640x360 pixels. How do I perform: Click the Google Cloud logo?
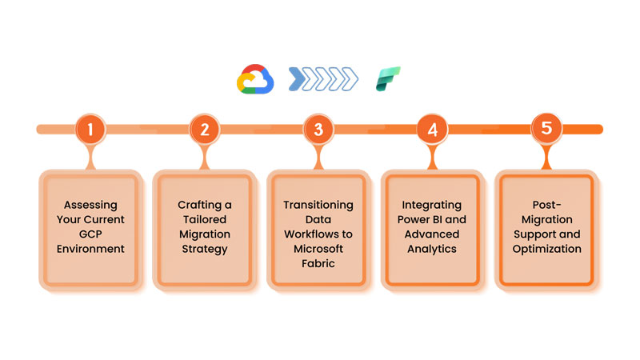pyautogui.click(x=255, y=79)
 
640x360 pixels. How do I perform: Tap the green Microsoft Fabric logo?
pyautogui.click(x=389, y=79)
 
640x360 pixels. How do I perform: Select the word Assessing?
pyautogui.click(x=90, y=205)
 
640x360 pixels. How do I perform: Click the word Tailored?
pyautogui.click(x=204, y=219)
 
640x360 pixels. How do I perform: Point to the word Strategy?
pyautogui.click(x=204, y=249)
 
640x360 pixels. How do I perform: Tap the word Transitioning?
pyautogui.click(x=318, y=205)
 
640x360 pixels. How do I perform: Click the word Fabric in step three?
pyautogui.click(x=318, y=263)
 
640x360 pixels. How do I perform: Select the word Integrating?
pyautogui.click(x=432, y=205)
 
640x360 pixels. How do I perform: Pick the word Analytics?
pyautogui.click(x=432, y=249)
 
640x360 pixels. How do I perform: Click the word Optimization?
pyautogui.click(x=547, y=249)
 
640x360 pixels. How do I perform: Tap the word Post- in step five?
pyautogui.click(x=547, y=205)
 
